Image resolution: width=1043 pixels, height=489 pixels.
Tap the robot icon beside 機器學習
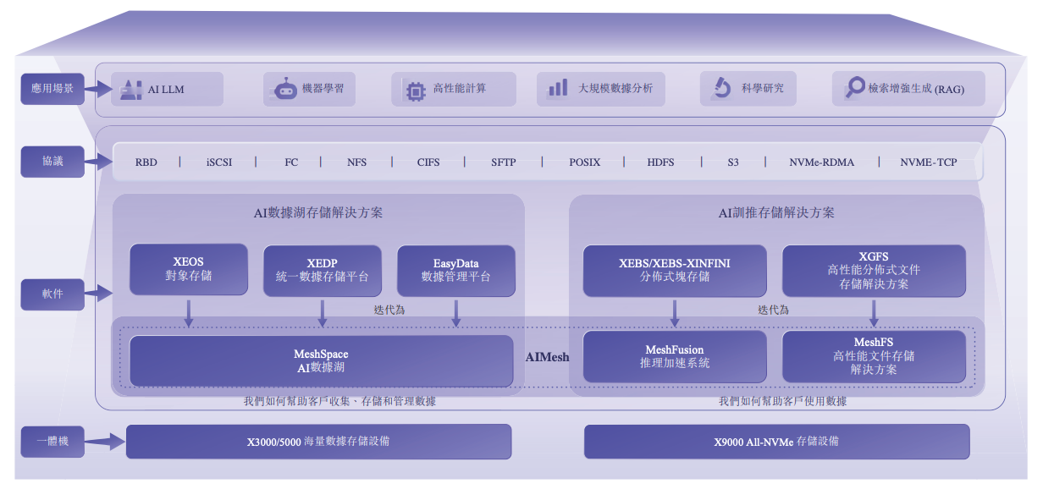[285, 89]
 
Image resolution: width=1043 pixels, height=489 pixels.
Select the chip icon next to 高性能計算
[415, 90]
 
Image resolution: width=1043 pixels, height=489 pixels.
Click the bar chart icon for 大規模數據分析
[558, 88]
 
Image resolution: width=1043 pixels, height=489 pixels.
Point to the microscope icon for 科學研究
[721, 88]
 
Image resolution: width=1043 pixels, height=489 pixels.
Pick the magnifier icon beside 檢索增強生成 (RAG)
[856, 88]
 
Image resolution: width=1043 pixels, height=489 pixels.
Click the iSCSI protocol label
[218, 162]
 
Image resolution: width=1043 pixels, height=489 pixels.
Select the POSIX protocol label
[584, 162]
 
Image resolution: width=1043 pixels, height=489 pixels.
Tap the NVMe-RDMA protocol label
[821, 162]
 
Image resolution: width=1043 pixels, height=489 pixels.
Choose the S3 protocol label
[732, 162]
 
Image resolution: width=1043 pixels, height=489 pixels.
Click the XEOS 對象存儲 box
[189, 270]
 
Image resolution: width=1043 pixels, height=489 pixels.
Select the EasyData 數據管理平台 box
[455, 270]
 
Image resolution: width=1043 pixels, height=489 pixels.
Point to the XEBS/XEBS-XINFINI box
[675, 270]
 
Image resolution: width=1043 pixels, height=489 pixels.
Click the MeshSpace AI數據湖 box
[321, 360]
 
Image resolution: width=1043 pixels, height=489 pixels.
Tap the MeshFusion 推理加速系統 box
[675, 356]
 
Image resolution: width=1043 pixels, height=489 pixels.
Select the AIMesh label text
[547, 357]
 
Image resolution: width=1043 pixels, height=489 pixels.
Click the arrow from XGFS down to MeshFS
[874, 312]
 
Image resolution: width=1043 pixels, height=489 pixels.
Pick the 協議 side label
[52, 162]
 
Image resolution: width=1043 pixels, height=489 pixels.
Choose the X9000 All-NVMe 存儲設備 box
[776, 442]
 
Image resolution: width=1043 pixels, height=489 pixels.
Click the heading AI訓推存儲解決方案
[776, 213]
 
